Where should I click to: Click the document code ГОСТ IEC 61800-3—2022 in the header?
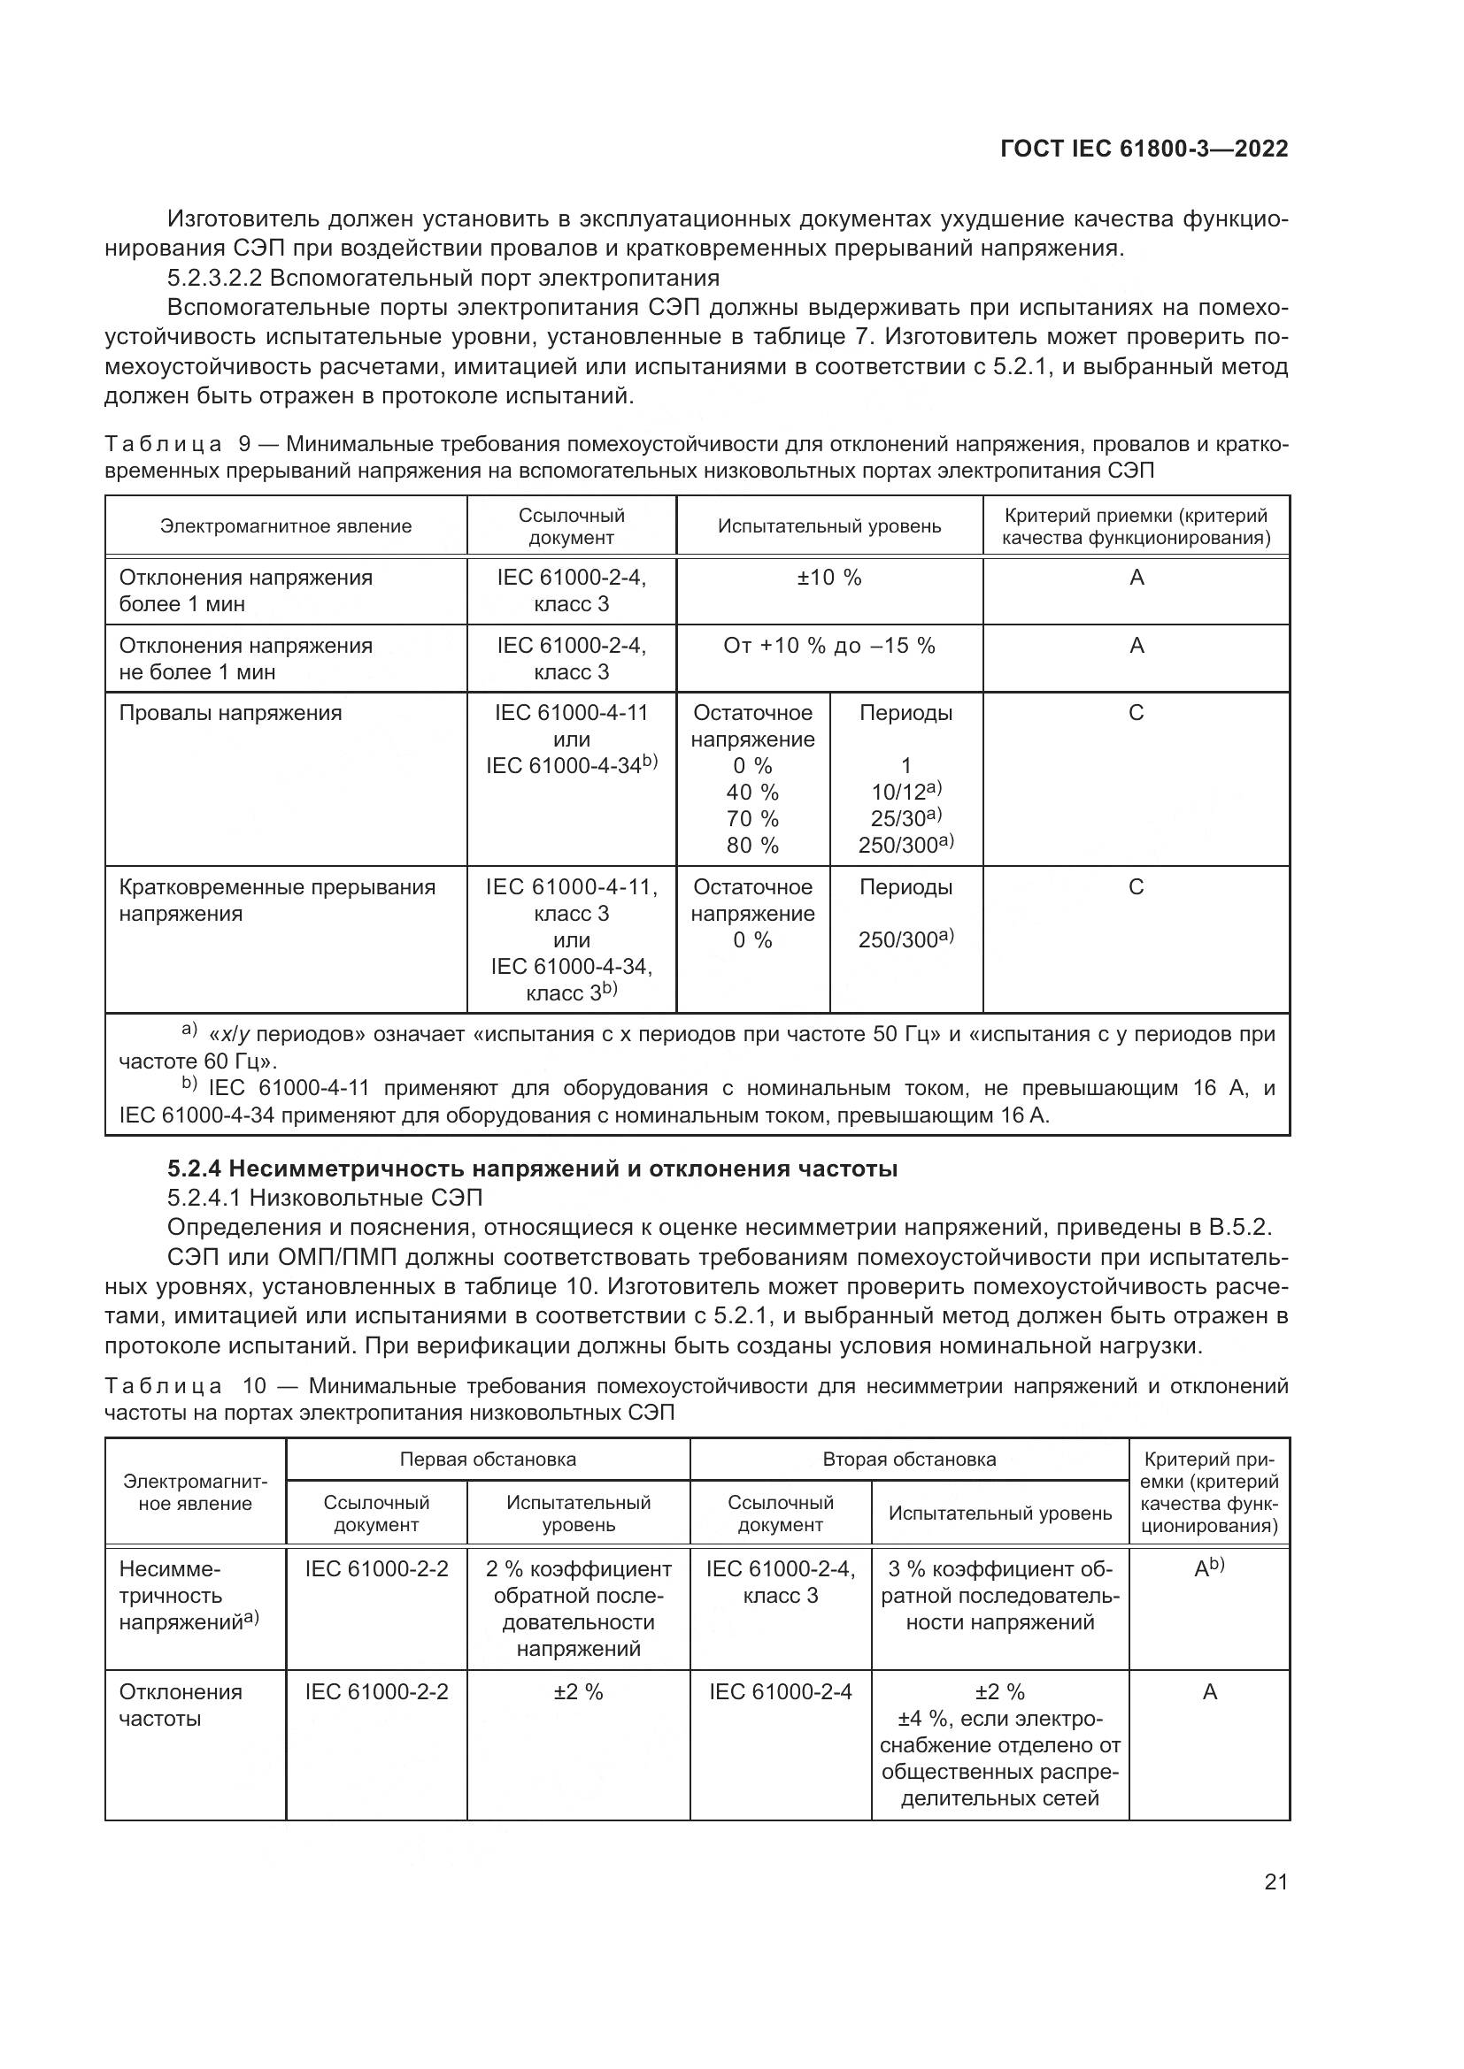[x=1144, y=149]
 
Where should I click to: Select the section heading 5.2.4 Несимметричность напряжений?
[x=532, y=1169]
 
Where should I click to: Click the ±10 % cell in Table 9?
[x=828, y=578]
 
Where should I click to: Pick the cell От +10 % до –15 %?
[x=828, y=645]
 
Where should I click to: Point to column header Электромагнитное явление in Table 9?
[x=286, y=526]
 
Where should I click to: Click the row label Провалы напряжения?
[x=231, y=713]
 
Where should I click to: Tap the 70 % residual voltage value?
[x=751, y=818]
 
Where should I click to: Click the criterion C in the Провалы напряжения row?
[x=1136, y=713]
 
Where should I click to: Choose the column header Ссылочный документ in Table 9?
[x=571, y=526]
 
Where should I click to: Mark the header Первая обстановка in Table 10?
[x=488, y=1459]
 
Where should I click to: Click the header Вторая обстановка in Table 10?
[x=909, y=1459]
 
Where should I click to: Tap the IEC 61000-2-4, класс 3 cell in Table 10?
[x=780, y=1582]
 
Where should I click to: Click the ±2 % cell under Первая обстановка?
[x=578, y=1691]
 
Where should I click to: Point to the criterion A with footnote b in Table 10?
[x=1208, y=1569]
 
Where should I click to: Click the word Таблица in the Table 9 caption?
[x=162, y=444]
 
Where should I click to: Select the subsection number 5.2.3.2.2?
[x=212, y=278]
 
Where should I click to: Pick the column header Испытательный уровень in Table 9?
[x=828, y=526]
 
